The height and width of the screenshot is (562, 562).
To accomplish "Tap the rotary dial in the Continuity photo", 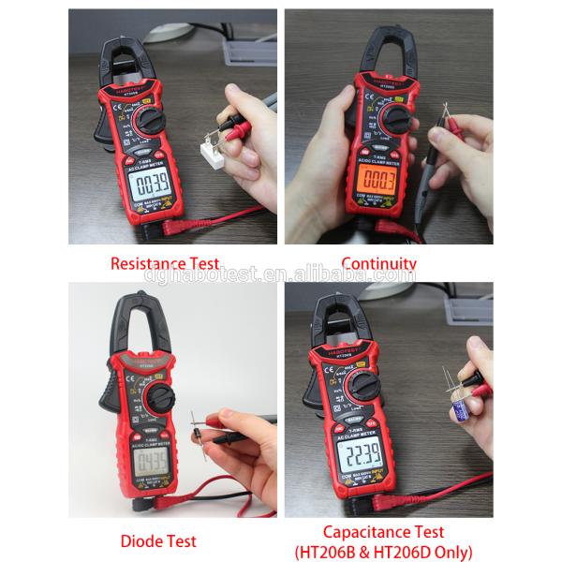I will [x=396, y=119].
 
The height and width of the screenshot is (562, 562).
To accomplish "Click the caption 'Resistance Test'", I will [x=165, y=264].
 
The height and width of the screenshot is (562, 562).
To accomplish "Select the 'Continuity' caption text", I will [x=378, y=264].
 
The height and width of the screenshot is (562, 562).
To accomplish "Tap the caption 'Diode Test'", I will [x=158, y=541].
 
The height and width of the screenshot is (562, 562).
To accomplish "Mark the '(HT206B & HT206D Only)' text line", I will [x=384, y=552].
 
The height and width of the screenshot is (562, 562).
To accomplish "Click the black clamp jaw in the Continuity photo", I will [x=375, y=52].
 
